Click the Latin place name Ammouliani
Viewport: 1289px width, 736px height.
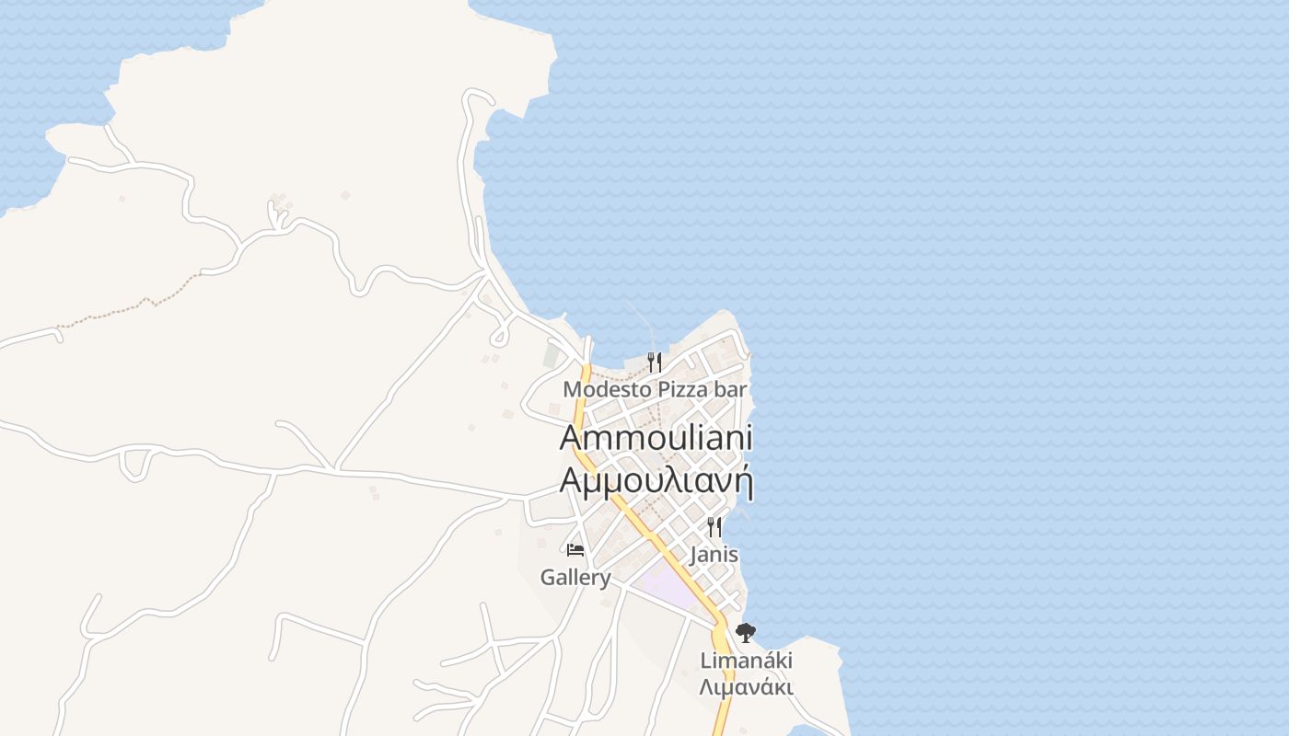coord(656,437)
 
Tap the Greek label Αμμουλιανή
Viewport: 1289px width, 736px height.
coord(656,481)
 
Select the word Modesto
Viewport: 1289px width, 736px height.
coord(597,389)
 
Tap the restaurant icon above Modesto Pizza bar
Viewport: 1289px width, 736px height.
coord(655,362)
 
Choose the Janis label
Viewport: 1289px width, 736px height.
coord(714,555)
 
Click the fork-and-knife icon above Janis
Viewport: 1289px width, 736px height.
coord(714,527)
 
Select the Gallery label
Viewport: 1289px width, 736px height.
coord(575,578)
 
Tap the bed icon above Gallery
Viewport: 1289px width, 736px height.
coord(575,550)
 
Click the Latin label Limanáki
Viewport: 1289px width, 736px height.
coord(746,661)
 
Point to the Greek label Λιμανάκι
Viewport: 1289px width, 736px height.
coord(746,687)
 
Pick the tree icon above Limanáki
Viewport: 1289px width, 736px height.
coord(746,633)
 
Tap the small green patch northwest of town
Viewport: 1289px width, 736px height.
coord(552,355)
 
